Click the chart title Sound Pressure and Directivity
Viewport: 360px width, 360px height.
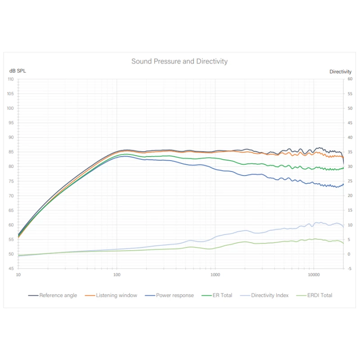pyautogui.click(x=180, y=61)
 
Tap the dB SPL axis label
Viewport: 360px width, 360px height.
pyautogui.click(x=18, y=71)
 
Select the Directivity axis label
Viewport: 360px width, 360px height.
pyautogui.click(x=340, y=72)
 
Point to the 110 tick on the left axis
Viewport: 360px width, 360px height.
pyautogui.click(x=11, y=79)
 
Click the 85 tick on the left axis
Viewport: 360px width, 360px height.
pyautogui.click(x=11, y=152)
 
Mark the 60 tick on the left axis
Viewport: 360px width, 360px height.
pyautogui.click(x=11, y=225)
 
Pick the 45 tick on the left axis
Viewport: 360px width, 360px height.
pyautogui.click(x=11, y=269)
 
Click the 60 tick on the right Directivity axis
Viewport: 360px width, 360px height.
pyautogui.click(x=350, y=79)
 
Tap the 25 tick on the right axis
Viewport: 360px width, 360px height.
pyautogui.click(x=350, y=181)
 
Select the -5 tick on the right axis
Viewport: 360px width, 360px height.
pyautogui.click(x=350, y=269)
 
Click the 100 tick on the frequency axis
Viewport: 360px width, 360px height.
pyautogui.click(x=117, y=274)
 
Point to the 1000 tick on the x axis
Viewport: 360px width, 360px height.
pyautogui.click(x=215, y=274)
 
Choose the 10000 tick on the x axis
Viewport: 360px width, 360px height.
pyautogui.click(x=314, y=274)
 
